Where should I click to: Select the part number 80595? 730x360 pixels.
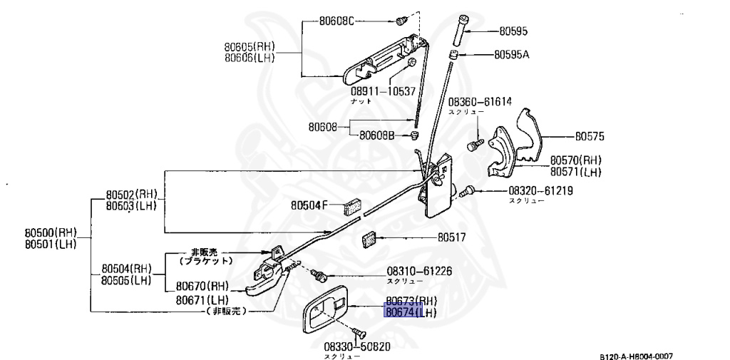coord(513,31)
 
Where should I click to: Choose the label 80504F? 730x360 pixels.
coord(309,205)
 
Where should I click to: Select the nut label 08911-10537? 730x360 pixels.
coord(382,92)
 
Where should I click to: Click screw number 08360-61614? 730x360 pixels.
coord(480,102)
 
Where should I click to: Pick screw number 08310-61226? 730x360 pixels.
coord(419,271)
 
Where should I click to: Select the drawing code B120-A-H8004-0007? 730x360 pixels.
coord(636,356)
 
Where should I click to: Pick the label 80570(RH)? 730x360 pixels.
coord(575,161)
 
